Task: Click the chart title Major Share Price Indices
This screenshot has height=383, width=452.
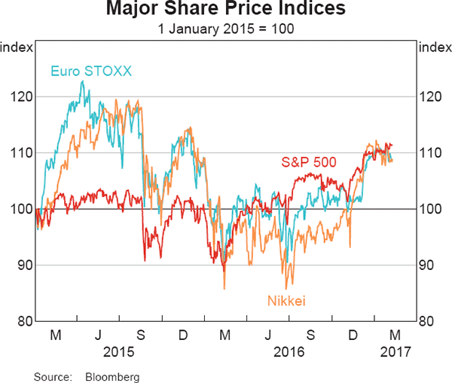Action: point(225,10)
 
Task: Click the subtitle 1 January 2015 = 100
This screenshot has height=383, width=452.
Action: point(225,29)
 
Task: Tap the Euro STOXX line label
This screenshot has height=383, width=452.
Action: point(91,72)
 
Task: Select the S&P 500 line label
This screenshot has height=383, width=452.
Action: point(309,161)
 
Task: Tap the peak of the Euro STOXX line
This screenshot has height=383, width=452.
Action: point(82,81)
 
